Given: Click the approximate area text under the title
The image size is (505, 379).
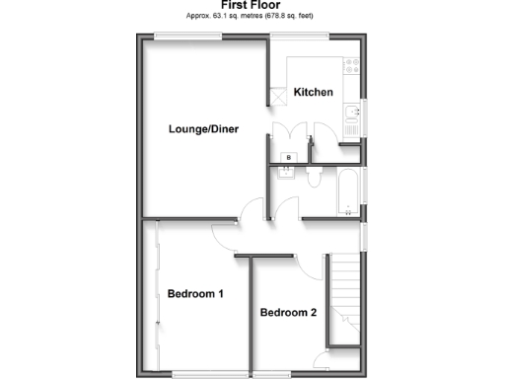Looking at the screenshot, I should [x=252, y=17].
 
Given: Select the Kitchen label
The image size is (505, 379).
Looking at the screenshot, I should [x=314, y=93].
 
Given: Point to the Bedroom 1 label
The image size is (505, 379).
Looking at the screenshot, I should [x=195, y=294].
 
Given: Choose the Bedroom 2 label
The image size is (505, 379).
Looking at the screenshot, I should [x=288, y=313].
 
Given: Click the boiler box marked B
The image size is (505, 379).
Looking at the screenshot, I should [x=289, y=157].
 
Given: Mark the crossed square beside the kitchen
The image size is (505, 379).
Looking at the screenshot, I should [x=276, y=95].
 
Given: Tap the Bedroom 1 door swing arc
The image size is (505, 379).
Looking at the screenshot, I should [x=222, y=238].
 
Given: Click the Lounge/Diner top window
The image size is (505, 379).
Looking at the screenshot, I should [x=180, y=37].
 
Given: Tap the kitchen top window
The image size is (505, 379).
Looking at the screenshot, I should [x=301, y=37].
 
